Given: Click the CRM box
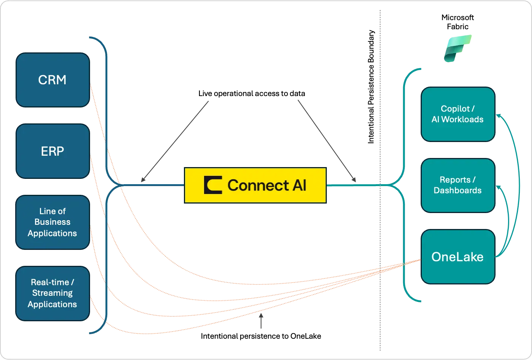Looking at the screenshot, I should click(52, 80).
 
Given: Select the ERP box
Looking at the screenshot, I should click(52, 151).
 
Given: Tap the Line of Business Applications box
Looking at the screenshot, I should click(52, 222).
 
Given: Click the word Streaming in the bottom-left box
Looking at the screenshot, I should click(52, 293).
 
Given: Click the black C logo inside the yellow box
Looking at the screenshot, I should click(213, 185).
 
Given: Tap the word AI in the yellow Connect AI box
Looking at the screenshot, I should click(299, 185).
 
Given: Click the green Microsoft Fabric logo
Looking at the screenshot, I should click(458, 48).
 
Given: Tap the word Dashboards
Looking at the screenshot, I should click(458, 190).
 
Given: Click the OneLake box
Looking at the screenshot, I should click(458, 257).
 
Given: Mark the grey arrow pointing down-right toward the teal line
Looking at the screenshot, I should click(327, 141).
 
